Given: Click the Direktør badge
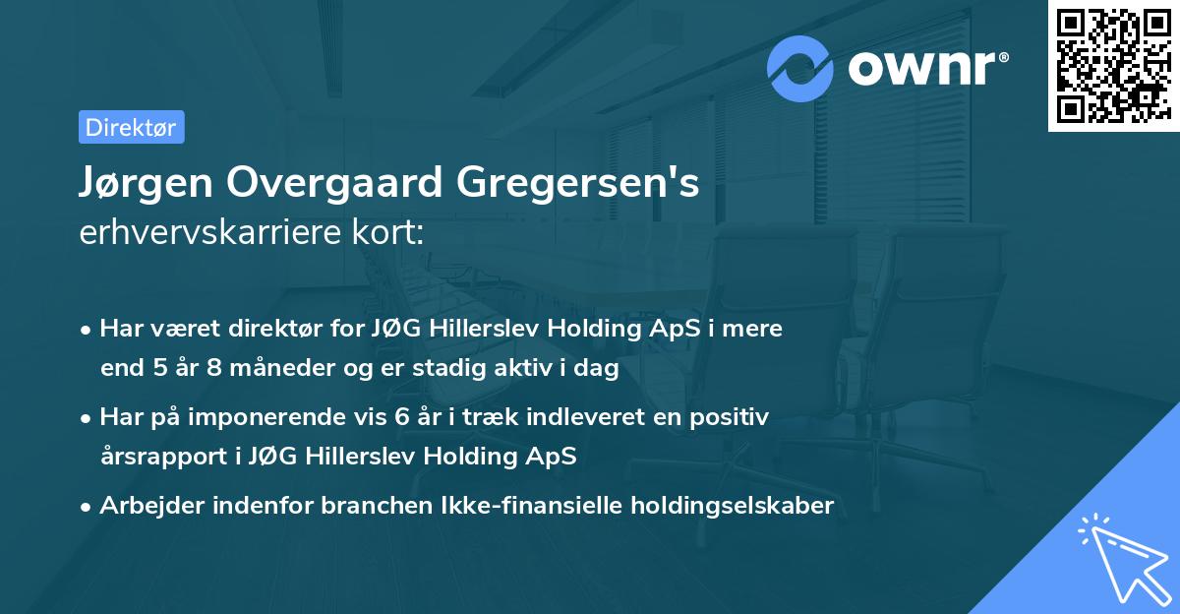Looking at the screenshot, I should point(131,127).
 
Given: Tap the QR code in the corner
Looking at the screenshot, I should point(1113,66).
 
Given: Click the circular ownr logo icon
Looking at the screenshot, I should point(800,68).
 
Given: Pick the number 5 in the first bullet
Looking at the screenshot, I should point(161,369).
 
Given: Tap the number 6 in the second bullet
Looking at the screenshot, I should point(401,416).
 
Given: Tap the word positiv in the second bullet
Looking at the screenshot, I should point(731,416).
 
